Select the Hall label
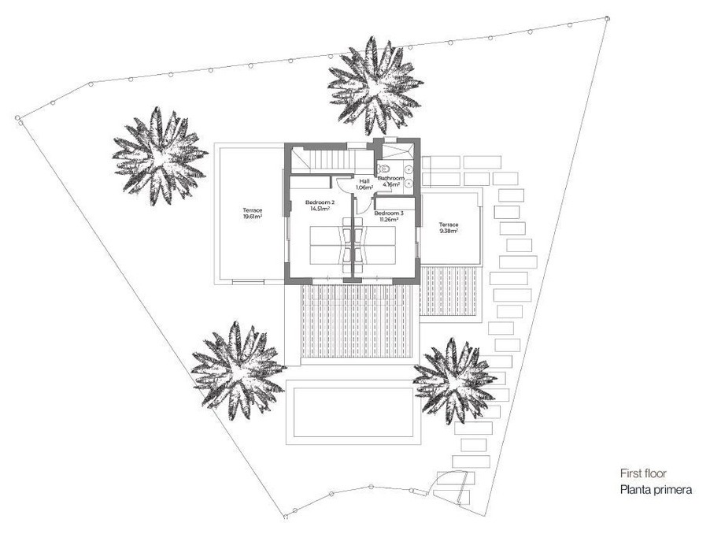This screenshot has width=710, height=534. pyautogui.click(x=364, y=181)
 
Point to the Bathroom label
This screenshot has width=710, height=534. pyautogui.click(x=390, y=179)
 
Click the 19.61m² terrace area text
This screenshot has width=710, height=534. pyautogui.click(x=252, y=217)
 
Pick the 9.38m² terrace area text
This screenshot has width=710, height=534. pyautogui.click(x=449, y=231)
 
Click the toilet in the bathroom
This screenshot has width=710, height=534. pyautogui.click(x=384, y=169)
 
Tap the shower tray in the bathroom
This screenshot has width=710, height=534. pyautogui.click(x=398, y=150)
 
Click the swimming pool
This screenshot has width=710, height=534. pyautogui.click(x=353, y=412)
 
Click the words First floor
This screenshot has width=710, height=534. pyautogui.click(x=643, y=473)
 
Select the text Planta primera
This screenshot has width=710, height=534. pyautogui.click(x=656, y=490)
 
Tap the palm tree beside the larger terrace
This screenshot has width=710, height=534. pyautogui.click(x=158, y=156)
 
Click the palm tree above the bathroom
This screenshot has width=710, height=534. pyautogui.click(x=375, y=86)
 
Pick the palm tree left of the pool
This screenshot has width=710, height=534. pyautogui.click(x=238, y=370)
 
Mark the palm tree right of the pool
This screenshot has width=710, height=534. pyautogui.click(x=454, y=380)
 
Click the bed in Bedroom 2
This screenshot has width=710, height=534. pyautogui.click(x=331, y=245)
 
